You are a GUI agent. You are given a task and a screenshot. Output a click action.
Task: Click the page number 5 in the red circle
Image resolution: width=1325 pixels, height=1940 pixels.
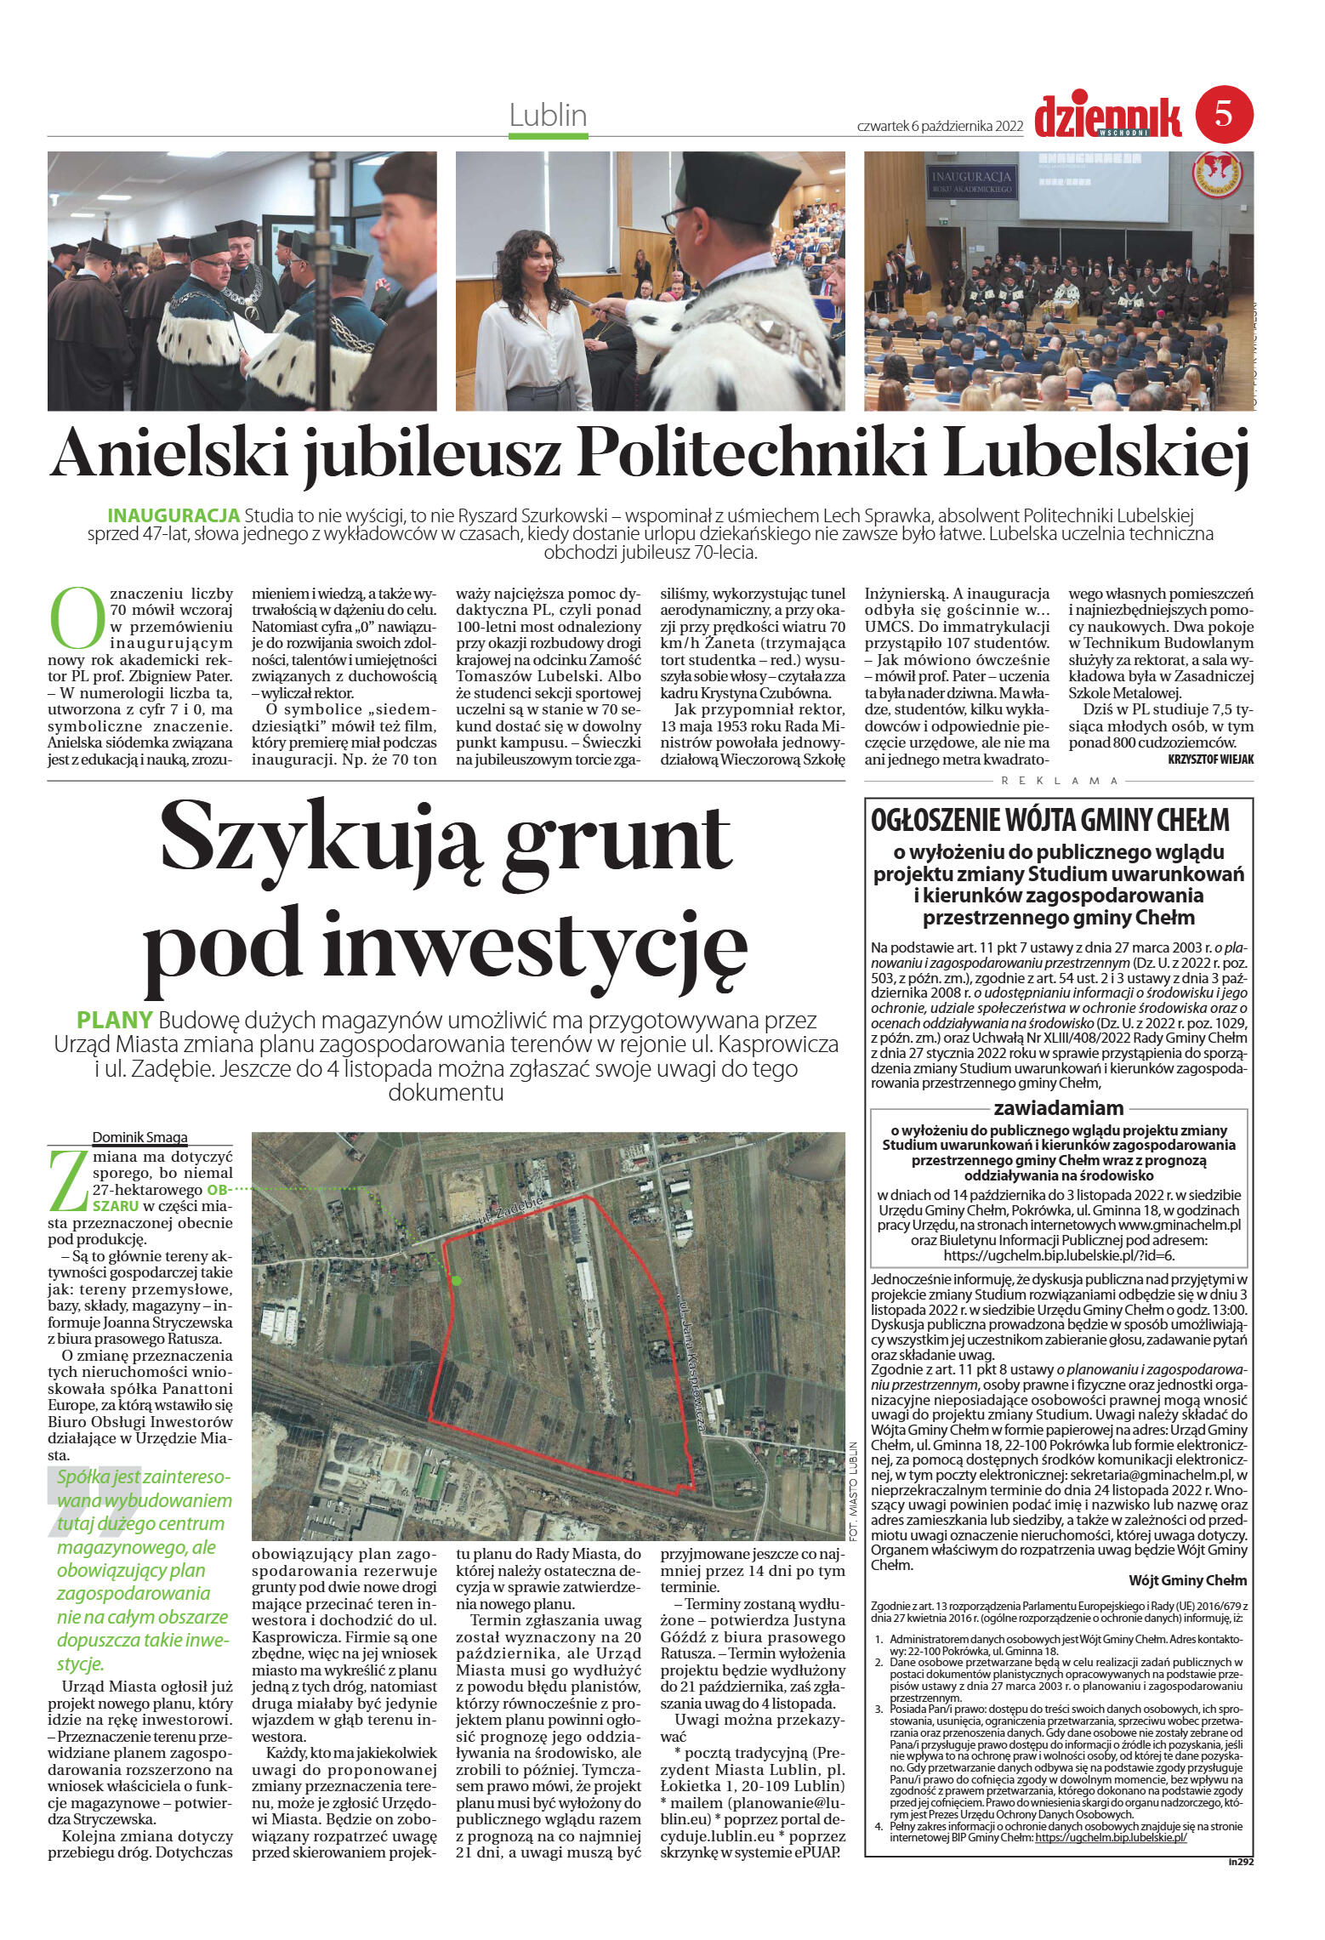[x=1224, y=114]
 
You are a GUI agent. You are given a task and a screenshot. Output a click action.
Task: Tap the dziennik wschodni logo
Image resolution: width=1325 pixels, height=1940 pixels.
[x=1107, y=117]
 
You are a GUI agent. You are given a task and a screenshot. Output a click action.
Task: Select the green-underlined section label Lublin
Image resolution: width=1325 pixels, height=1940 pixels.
[x=548, y=115]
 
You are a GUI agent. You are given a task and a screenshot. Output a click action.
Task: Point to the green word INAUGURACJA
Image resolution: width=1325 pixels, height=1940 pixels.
[x=173, y=515]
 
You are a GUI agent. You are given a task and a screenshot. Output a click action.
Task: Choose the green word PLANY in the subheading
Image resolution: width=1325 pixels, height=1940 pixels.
[x=114, y=1020]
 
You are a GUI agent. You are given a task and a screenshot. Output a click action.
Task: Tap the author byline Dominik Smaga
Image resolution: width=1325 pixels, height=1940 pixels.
[x=139, y=1136]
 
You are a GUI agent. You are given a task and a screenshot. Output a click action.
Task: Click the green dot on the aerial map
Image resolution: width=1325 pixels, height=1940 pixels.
[x=456, y=1279]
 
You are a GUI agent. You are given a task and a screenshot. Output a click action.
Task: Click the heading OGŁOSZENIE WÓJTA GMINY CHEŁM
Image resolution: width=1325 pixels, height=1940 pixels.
[x=1050, y=820]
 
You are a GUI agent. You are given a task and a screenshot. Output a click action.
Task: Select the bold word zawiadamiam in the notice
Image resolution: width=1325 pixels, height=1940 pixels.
[x=1058, y=1107]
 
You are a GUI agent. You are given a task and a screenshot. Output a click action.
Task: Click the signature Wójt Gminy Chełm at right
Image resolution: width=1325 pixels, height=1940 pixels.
[x=1187, y=1579]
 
